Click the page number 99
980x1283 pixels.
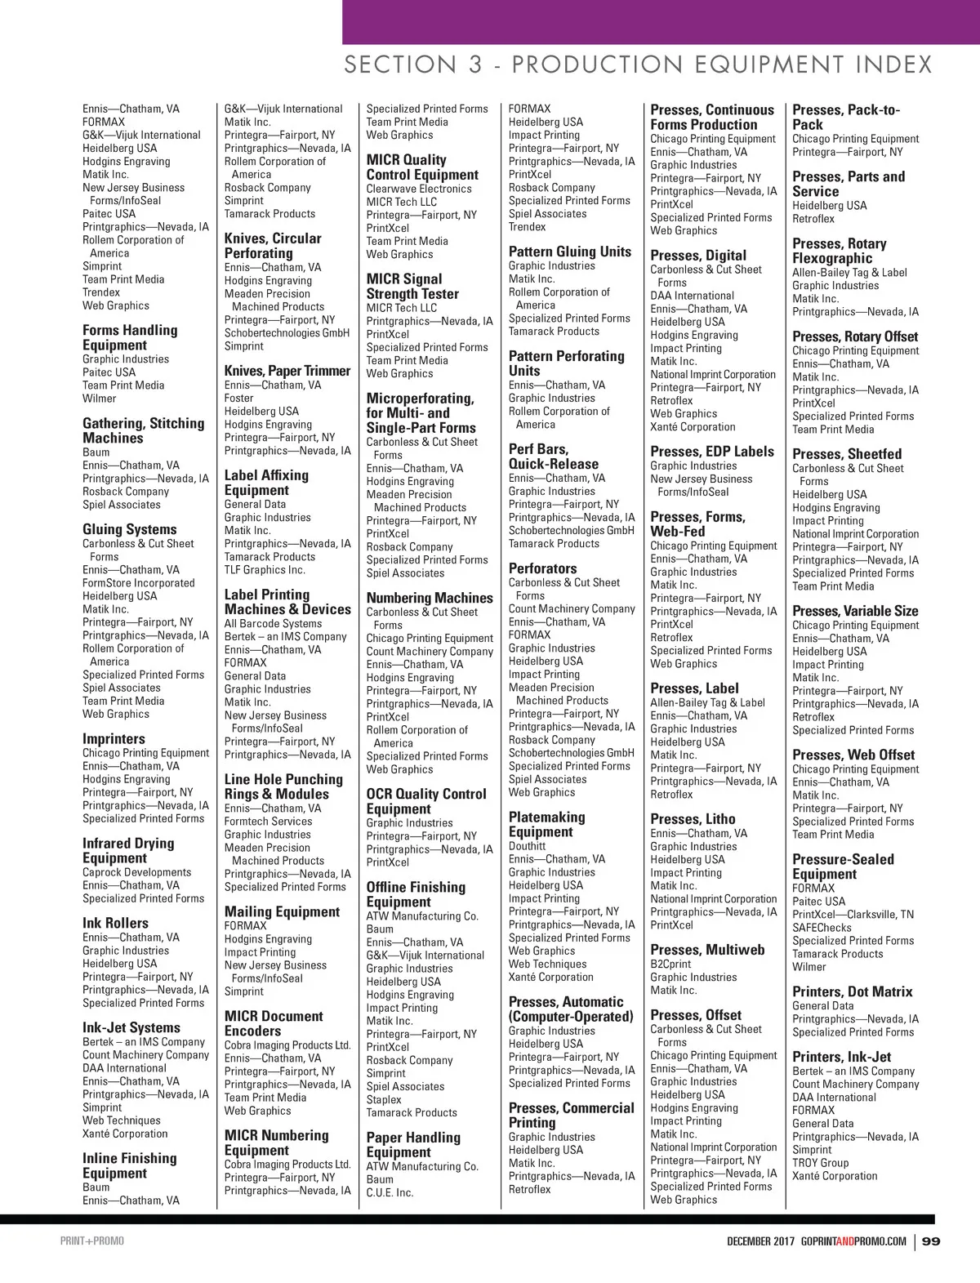931,1241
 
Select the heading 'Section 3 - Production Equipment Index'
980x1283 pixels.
637,65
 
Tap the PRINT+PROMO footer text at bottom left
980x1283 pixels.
92,1241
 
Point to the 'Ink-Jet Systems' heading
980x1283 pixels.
131,1027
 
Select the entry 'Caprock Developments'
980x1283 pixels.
136,872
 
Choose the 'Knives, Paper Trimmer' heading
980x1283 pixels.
287,371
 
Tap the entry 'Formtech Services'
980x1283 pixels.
268,822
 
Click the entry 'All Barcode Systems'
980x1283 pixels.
273,624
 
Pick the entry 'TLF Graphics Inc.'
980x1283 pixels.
265,570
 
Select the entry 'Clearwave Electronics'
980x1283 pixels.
419,189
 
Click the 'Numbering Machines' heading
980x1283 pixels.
430,598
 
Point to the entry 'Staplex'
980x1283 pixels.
384,1099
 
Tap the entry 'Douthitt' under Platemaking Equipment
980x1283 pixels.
527,846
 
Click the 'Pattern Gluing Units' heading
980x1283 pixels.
570,252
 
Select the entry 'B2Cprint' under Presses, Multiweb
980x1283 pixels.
670,964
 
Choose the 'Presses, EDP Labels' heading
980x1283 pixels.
712,452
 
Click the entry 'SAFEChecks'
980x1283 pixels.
822,928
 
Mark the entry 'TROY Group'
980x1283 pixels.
821,1163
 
